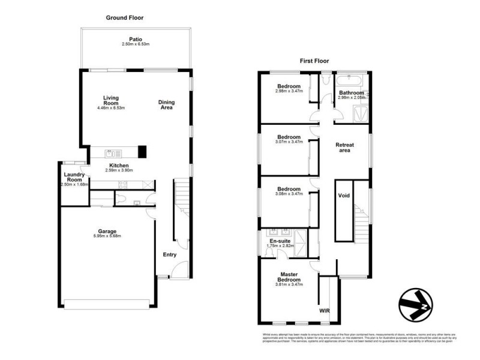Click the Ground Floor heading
pos(125,18)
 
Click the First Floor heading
pos(316,61)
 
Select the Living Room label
pos(110,100)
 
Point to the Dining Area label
pos(166,105)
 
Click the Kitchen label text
pos(118,165)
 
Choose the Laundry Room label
pos(75,177)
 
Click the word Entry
pos(170,254)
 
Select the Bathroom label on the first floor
pos(351,93)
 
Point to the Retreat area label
pos(344,148)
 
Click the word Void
pos(344,196)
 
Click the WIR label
pos(325,311)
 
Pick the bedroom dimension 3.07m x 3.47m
pos(288,142)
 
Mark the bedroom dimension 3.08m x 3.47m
pos(288,194)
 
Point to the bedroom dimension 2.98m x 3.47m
pos(288,91)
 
